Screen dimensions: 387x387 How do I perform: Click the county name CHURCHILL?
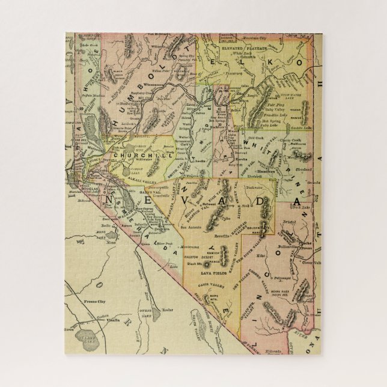pos(132,154)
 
